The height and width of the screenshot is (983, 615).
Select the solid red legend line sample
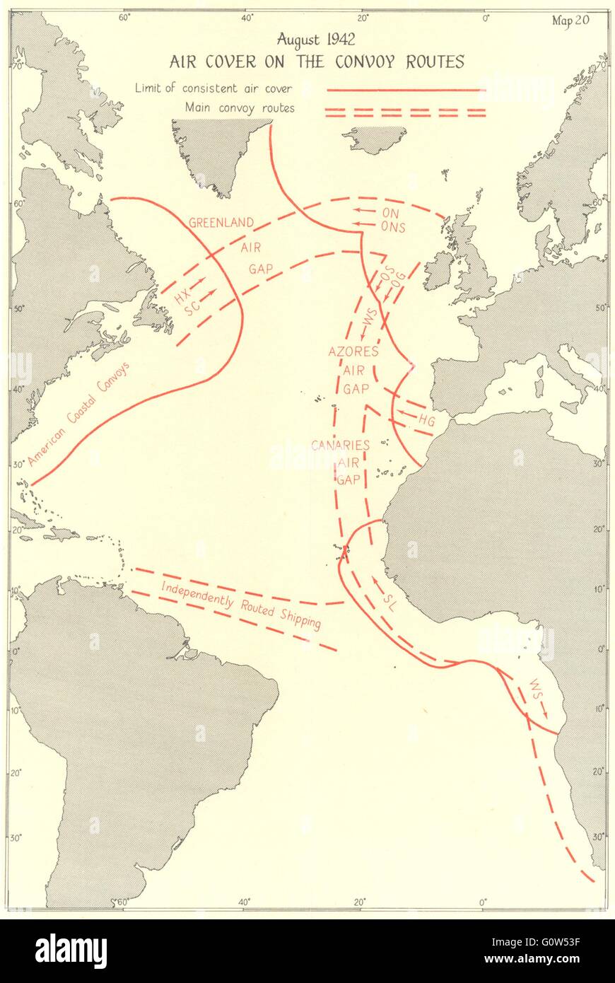pos(405,90)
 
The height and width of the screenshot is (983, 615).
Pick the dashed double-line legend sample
pos(405,112)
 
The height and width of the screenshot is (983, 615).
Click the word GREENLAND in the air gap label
pos(221,222)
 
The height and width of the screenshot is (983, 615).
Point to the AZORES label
pos(353,351)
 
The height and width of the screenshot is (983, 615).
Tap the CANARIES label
pos(341,446)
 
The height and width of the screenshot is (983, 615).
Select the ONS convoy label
pos(393,227)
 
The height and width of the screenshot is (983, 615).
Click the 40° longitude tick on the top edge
pos(247,18)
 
